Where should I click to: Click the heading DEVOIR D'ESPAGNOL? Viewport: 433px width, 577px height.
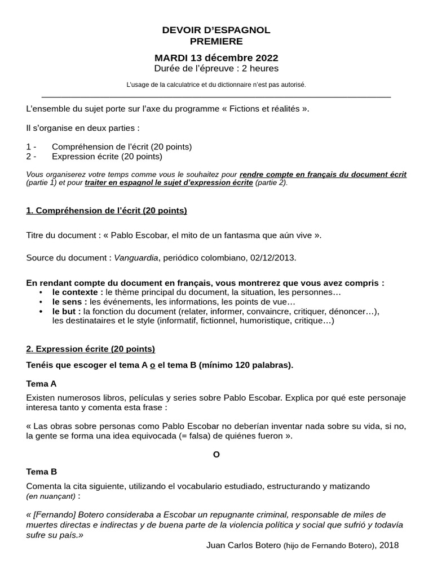pos(216,30)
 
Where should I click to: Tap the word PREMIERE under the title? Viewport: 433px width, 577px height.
pos(216,41)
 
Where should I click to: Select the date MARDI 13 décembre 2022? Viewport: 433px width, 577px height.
pos(216,58)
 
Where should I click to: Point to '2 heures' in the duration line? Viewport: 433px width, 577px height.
pos(261,69)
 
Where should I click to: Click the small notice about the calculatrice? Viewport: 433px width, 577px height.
pos(216,85)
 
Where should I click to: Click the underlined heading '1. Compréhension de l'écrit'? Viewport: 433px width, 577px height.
pos(107,211)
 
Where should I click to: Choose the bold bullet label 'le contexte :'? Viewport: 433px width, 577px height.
pos(78,292)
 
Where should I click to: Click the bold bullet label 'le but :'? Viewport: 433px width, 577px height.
pos(67,311)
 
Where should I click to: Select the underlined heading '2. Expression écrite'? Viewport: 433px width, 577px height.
pos(91,349)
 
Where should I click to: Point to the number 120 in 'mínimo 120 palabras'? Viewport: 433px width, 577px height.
pos(240,365)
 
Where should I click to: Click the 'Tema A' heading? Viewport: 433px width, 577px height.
pos(42,384)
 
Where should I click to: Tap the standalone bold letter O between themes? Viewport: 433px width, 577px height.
pos(216,454)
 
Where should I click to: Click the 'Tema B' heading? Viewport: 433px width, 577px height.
pos(42,472)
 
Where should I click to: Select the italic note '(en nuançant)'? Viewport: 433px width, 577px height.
pos(51,496)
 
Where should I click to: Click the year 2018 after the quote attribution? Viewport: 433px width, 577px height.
pos(389,545)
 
